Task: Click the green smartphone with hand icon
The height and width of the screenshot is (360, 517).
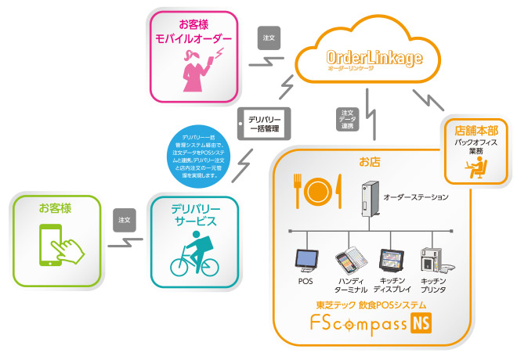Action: click(56, 247)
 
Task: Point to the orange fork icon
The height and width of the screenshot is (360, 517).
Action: click(298, 189)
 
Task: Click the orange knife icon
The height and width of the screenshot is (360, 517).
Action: click(338, 189)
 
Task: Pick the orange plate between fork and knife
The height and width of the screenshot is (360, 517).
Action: click(318, 190)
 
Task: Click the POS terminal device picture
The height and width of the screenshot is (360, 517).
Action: click(305, 261)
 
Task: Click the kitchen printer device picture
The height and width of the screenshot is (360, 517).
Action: click(433, 261)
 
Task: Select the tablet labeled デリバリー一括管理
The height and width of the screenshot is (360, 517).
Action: click(264, 124)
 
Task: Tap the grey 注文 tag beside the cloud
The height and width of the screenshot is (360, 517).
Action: click(269, 37)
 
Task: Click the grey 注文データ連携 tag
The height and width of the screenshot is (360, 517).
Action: click(346, 120)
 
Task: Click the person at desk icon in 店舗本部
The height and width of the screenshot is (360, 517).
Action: click(474, 167)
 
